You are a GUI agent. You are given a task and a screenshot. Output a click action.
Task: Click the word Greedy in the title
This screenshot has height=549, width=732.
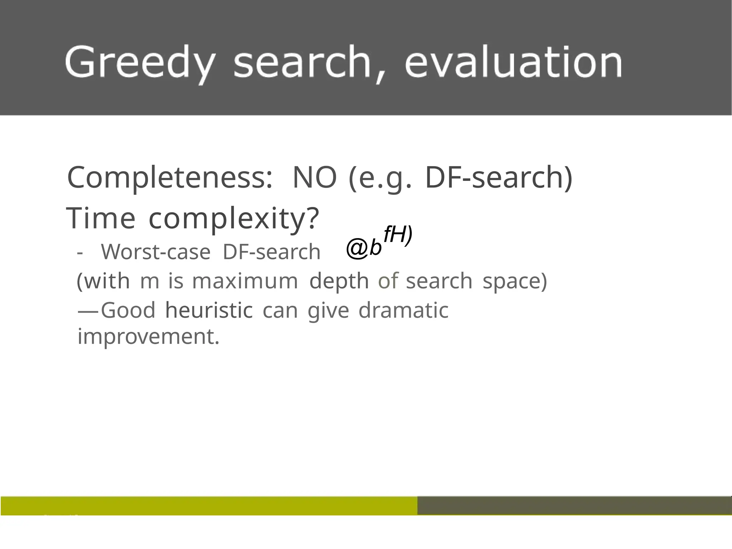point(140,63)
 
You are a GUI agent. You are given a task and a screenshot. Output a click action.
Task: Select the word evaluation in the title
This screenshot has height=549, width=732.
point(514,62)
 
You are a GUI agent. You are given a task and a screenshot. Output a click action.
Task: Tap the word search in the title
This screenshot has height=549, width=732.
point(302,62)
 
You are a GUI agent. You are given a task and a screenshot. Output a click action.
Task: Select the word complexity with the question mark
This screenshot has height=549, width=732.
point(233,219)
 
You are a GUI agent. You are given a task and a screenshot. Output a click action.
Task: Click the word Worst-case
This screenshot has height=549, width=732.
point(156,252)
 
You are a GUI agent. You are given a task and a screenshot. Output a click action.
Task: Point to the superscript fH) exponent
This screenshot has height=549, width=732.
point(398,235)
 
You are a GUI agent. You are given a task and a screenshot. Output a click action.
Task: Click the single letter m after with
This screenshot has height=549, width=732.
point(149,281)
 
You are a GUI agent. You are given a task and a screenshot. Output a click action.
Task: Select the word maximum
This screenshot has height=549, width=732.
point(245,281)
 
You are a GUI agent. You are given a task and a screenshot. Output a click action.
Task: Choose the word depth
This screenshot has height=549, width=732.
point(339,281)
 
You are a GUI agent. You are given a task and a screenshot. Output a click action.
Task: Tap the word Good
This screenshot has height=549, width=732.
point(128,310)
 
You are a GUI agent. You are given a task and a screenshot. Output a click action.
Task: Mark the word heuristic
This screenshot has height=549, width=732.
point(209,310)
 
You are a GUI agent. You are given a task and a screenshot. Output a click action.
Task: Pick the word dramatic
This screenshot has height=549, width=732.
point(403,310)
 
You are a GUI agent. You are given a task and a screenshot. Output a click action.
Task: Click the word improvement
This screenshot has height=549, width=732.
point(148,337)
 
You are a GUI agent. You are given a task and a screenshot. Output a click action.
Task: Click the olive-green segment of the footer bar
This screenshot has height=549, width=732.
point(209,505)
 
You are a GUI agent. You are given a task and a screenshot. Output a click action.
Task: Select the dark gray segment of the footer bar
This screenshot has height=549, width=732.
point(574,505)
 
